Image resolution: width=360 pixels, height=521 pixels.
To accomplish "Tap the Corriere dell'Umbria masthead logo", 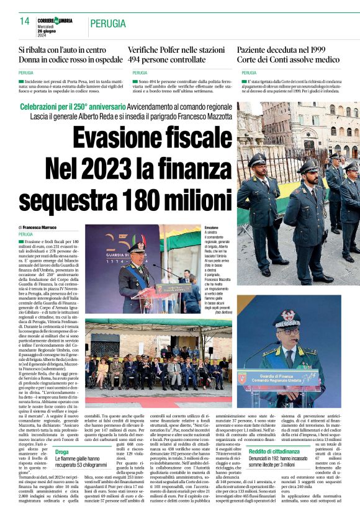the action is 55,21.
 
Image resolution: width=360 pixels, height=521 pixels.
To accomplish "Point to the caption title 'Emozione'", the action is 212,228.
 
